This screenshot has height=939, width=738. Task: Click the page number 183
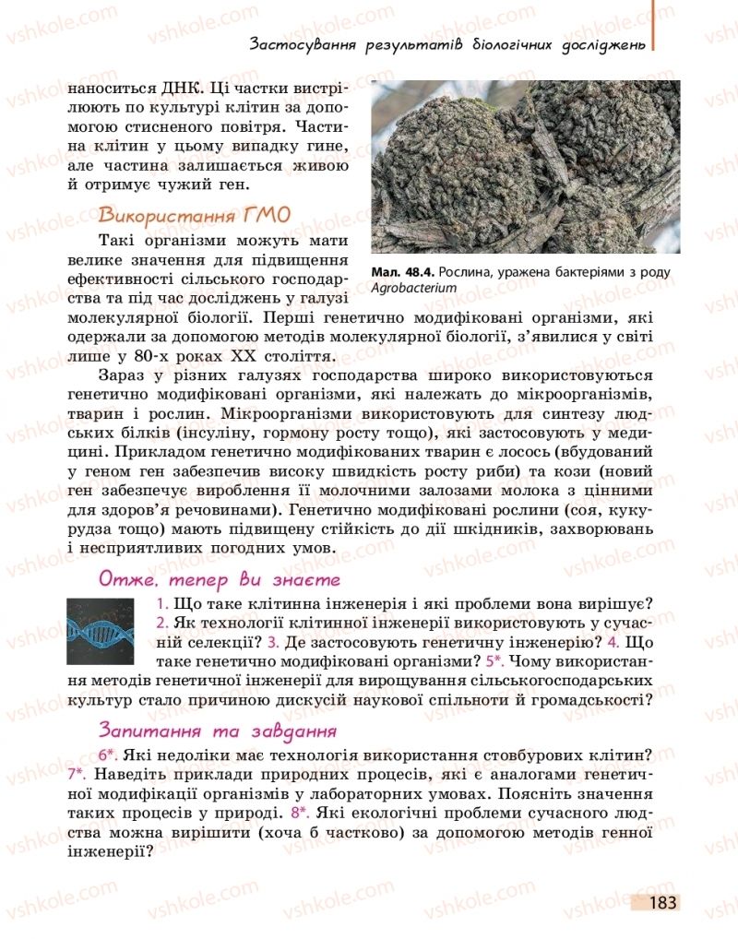click(661, 903)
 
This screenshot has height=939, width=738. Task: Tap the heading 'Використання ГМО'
click(194, 215)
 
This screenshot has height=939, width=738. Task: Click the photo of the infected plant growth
click(525, 166)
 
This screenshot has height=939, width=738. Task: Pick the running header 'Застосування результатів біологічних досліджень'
click(446, 44)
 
